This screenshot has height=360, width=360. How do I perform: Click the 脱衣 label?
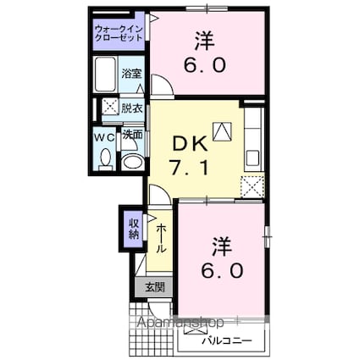[x=131, y=107]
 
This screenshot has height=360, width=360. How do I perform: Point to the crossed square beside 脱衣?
[x=110, y=107]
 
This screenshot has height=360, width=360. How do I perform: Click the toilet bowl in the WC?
[x=105, y=158]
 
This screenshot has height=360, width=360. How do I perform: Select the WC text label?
[x=104, y=136]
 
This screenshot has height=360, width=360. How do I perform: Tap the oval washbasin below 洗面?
[x=131, y=160]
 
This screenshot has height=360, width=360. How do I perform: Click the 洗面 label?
[x=131, y=135]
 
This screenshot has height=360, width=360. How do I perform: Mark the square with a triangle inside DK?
[x=222, y=130]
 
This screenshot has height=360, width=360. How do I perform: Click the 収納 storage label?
[x=133, y=229]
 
